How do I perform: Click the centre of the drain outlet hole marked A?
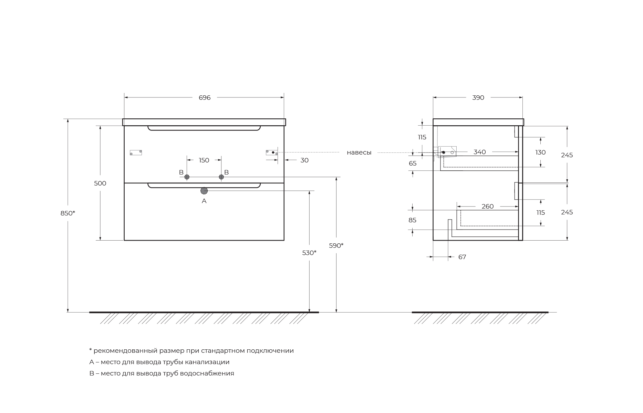(204, 191)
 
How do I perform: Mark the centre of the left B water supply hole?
(187, 177)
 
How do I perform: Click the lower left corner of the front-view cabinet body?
(124, 240)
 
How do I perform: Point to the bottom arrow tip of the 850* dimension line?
(68, 312)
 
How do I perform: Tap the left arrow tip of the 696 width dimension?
(124, 97)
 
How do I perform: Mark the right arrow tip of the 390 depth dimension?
(522, 97)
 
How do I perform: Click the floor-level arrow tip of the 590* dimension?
(336, 312)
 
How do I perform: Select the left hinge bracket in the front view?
(136, 152)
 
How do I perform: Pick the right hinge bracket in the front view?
(272, 152)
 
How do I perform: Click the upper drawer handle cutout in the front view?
(204, 128)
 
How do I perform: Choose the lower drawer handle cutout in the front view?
(204, 186)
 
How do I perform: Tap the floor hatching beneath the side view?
(480, 318)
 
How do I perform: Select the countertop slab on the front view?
(204, 122)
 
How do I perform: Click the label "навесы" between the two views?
(359, 152)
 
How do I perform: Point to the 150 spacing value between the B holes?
(204, 160)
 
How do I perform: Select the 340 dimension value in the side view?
(479, 152)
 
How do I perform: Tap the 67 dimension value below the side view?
(462, 257)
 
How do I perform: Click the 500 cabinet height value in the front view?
(100, 183)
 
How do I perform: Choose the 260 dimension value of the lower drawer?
(487, 206)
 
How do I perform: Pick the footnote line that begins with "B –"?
(162, 373)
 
